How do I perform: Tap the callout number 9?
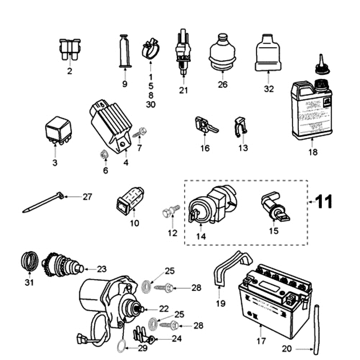pos(125,84)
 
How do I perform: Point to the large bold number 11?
pos(324,202)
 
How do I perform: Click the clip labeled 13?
pos(241,126)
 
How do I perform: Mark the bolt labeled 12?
pos(171,211)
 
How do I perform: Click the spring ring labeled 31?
pos(30,261)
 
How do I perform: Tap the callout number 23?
pos(101,269)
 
